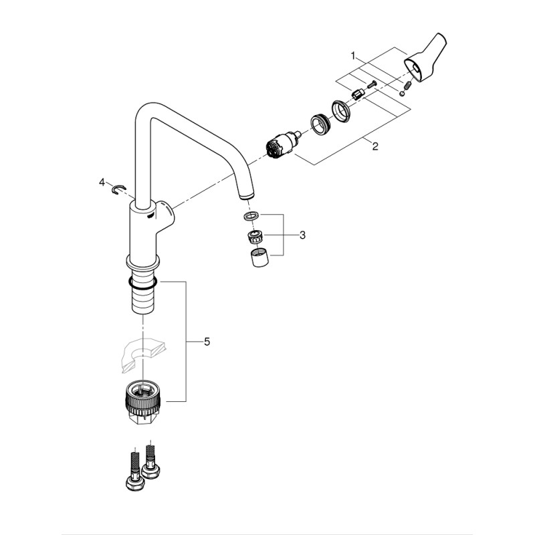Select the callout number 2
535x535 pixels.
[375, 146]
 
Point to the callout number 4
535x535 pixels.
[102, 182]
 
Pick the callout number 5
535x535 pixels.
[207, 342]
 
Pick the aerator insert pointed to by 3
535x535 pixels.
[254, 235]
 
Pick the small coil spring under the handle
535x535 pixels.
[407, 85]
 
